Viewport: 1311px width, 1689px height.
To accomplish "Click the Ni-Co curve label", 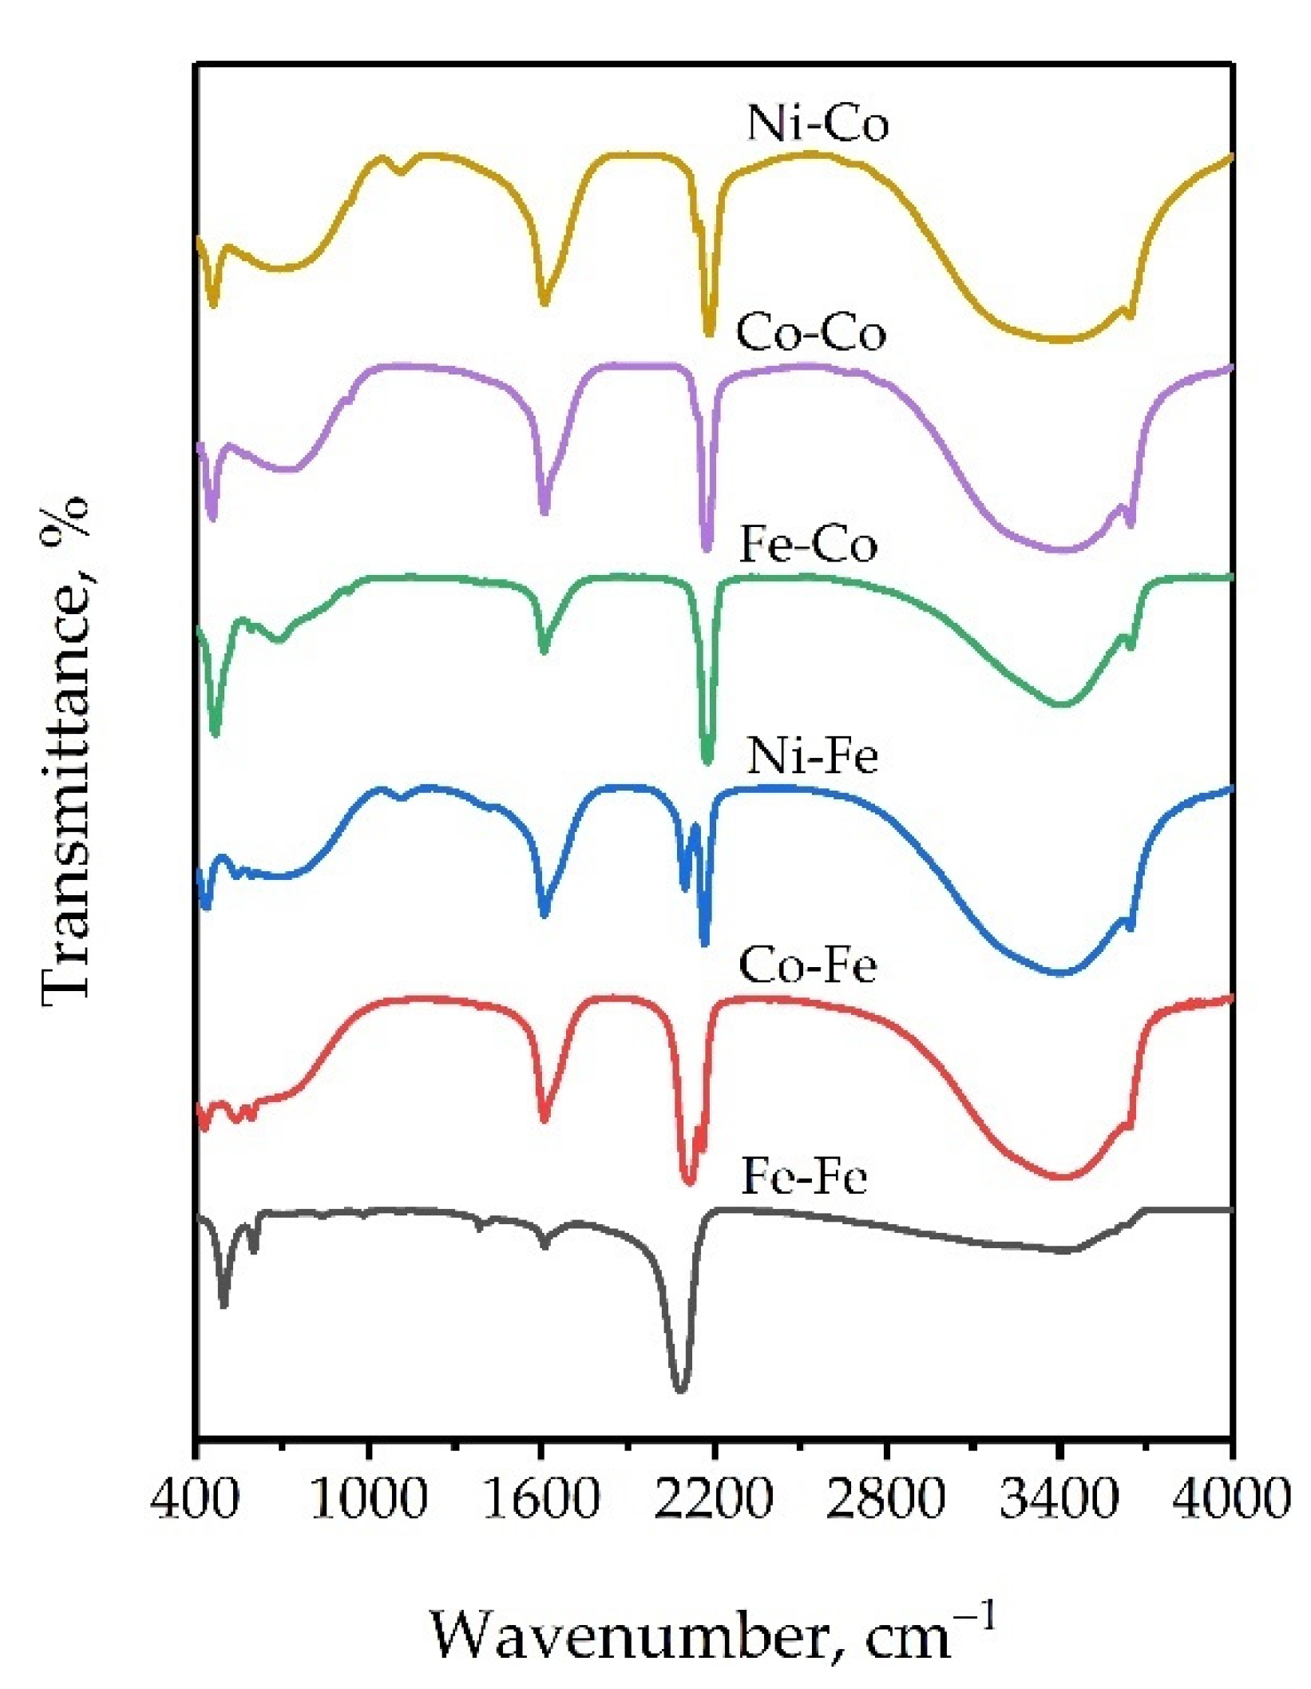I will coord(817,125).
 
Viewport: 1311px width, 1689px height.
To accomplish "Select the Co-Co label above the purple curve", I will coord(810,333).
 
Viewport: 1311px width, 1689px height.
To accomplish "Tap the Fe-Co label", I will coord(808,545).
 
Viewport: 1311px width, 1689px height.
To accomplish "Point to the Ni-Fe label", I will coord(812,755).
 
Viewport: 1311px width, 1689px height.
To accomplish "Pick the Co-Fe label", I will coord(807,965).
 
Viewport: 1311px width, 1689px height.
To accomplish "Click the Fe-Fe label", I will coord(803,1177).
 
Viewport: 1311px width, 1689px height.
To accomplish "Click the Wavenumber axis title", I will coord(713,1634).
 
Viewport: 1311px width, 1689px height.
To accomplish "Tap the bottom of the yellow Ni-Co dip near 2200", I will coord(709,333).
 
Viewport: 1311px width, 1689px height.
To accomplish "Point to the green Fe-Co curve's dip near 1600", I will coord(545,651).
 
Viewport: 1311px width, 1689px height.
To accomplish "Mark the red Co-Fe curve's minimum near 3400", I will coord(1063,1176).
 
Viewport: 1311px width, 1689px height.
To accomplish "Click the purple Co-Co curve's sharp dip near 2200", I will coord(706,549).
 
